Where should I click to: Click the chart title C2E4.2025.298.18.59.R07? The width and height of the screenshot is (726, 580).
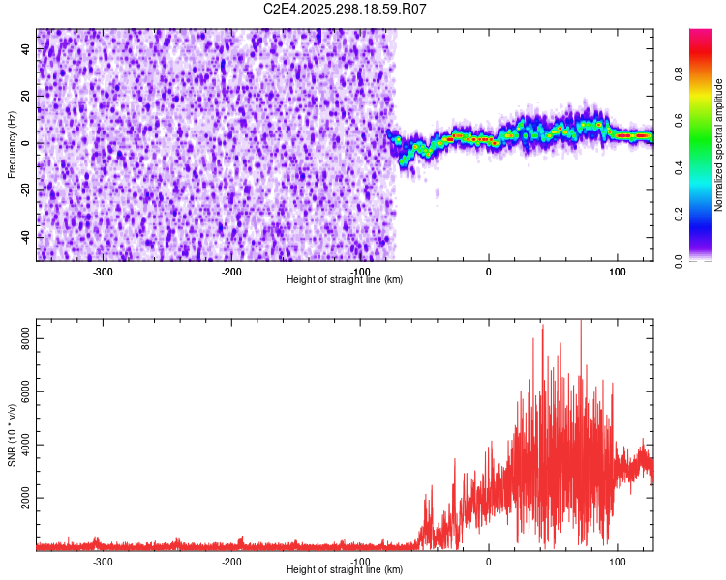[x=346, y=9]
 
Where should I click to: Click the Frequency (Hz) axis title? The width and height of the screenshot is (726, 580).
[x=12, y=144]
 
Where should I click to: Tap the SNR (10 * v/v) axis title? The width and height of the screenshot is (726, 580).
[x=12, y=434]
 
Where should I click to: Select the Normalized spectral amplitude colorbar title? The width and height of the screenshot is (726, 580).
[x=718, y=145]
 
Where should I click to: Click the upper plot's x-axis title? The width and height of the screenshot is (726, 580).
[x=345, y=279]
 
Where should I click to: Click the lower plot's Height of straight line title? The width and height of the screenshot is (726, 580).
[x=345, y=569]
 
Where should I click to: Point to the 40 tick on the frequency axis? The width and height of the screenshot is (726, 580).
[x=26, y=50]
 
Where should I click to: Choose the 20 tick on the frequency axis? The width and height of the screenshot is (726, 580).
[x=26, y=97]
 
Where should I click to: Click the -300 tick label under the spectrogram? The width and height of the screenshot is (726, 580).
[x=103, y=270]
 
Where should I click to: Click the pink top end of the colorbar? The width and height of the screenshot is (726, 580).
[x=700, y=35]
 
